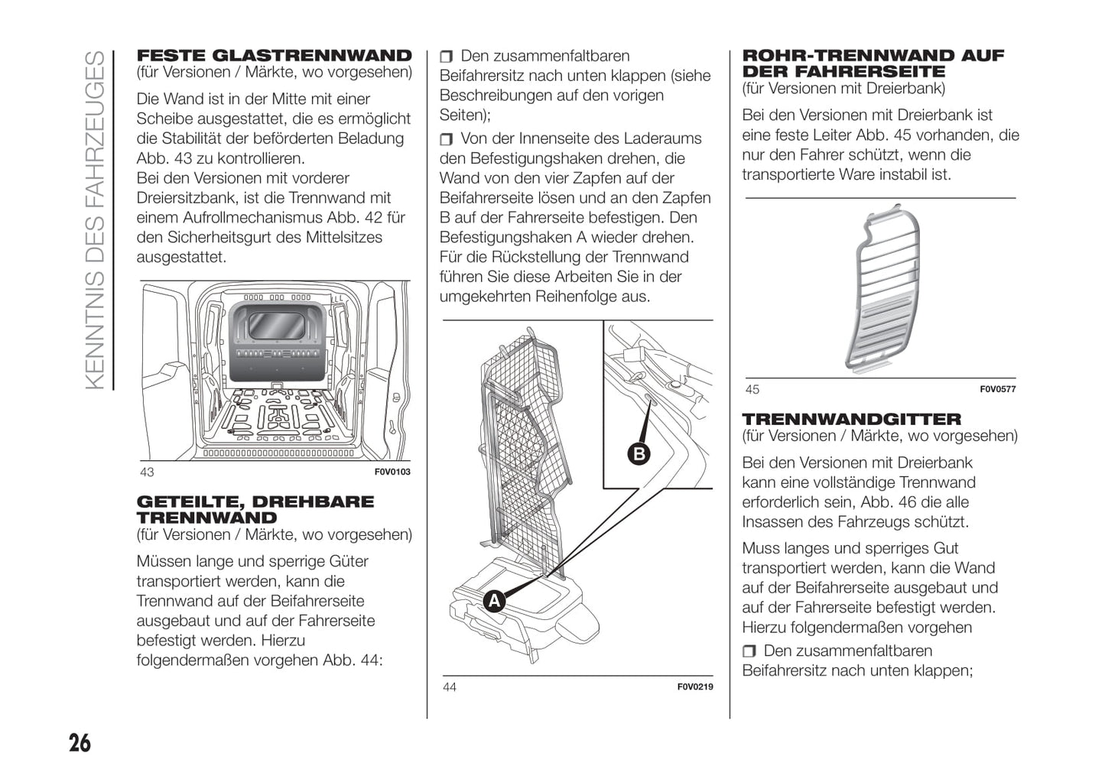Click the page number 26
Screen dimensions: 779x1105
point(80,742)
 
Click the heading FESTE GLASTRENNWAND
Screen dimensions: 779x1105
point(274,55)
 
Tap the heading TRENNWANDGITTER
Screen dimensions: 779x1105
point(852,419)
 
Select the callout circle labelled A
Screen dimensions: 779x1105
point(495,601)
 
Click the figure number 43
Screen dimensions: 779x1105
point(147,472)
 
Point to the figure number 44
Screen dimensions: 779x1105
point(450,687)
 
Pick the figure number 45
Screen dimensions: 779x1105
point(752,390)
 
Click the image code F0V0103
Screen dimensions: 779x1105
point(392,472)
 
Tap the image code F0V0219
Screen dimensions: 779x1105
point(695,687)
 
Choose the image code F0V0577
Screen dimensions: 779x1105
point(998,390)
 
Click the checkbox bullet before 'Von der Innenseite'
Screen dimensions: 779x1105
point(447,139)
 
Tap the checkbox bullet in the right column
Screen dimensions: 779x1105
point(749,651)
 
